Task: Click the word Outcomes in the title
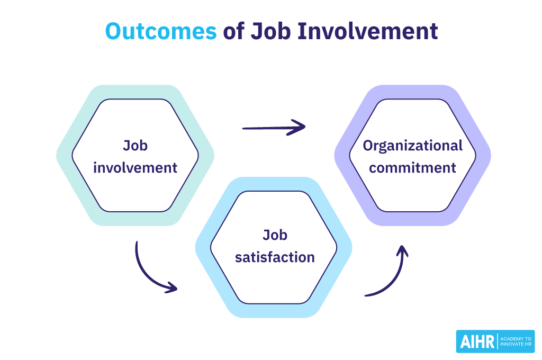tap(161, 31)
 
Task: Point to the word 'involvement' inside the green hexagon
tap(135, 168)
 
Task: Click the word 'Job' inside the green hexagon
tap(135, 145)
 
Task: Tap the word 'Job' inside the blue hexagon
tap(275, 235)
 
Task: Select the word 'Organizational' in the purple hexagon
tap(412, 146)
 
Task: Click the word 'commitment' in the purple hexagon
tap(412, 168)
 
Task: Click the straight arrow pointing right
tap(273, 127)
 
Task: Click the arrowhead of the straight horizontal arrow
tap(301, 127)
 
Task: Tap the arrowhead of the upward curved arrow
tap(403, 251)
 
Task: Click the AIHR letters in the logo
tap(476, 341)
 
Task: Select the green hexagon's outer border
tap(66, 156)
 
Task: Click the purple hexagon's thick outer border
tap(483, 156)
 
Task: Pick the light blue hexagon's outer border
tap(204, 247)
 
